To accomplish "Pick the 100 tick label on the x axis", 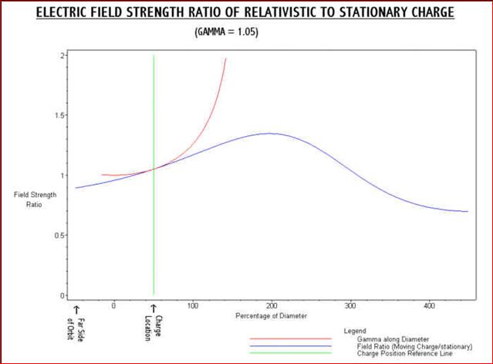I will (193, 306).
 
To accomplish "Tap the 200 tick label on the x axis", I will (272, 306).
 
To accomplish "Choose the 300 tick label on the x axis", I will (351, 306).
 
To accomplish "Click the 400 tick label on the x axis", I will (431, 306).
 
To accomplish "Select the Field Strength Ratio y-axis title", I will (32, 200).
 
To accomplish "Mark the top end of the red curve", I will (226, 58).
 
